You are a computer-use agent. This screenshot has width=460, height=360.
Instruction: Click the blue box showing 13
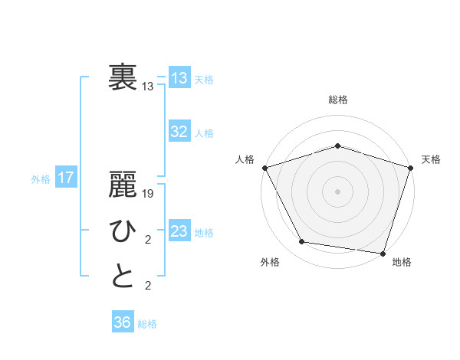click(x=179, y=78)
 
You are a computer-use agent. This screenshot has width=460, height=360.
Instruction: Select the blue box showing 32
click(x=179, y=132)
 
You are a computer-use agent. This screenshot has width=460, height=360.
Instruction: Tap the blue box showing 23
click(x=179, y=231)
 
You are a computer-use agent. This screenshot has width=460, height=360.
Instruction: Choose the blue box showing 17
click(x=65, y=178)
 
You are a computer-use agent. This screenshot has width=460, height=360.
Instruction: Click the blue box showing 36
click(x=122, y=322)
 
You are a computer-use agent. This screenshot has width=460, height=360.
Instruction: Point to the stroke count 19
click(x=149, y=194)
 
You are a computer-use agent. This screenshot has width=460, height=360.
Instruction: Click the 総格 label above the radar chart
click(x=337, y=100)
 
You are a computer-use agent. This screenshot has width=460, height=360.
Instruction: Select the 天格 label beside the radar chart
click(x=432, y=159)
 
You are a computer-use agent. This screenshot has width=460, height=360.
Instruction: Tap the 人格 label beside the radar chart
click(x=245, y=159)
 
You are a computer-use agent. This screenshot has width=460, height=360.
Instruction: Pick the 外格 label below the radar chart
click(x=270, y=262)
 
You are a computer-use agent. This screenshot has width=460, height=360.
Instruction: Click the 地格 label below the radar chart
click(x=402, y=262)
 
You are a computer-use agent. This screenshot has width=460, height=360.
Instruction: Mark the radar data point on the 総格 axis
click(x=337, y=146)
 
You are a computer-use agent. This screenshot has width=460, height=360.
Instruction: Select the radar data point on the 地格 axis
click(x=383, y=253)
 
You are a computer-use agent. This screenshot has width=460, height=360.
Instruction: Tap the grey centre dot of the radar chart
click(x=337, y=191)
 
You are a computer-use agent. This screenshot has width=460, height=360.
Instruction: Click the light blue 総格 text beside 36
click(x=147, y=324)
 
